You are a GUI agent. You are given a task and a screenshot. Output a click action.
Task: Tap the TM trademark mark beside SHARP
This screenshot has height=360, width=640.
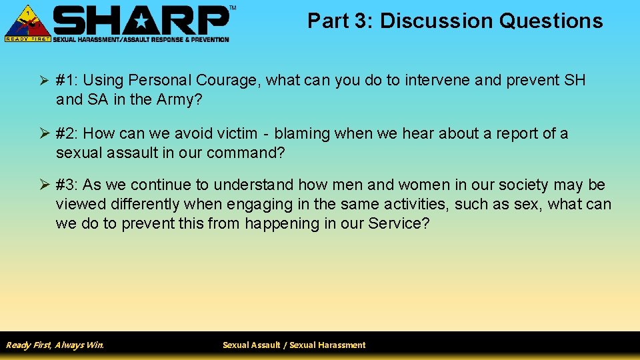click(x=232, y=8)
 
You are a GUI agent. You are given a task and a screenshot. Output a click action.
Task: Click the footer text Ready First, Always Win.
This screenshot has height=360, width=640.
click(x=55, y=345)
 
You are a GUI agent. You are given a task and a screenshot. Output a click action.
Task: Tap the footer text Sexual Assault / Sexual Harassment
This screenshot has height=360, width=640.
click(x=294, y=345)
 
